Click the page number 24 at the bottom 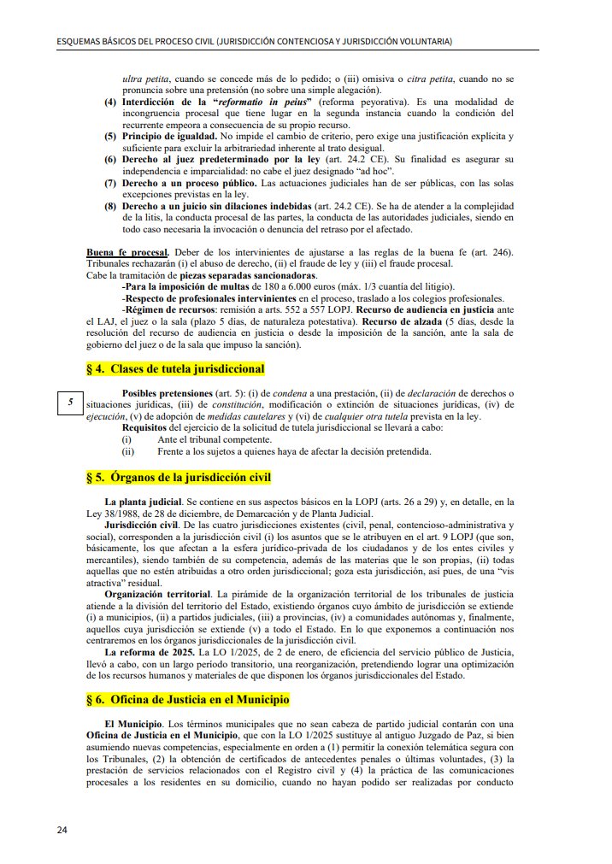click(x=62, y=830)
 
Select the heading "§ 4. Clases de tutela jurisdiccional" click(x=175, y=369)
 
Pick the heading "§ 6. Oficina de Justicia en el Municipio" click(x=188, y=699)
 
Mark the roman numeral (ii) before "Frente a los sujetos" click(x=128, y=451)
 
